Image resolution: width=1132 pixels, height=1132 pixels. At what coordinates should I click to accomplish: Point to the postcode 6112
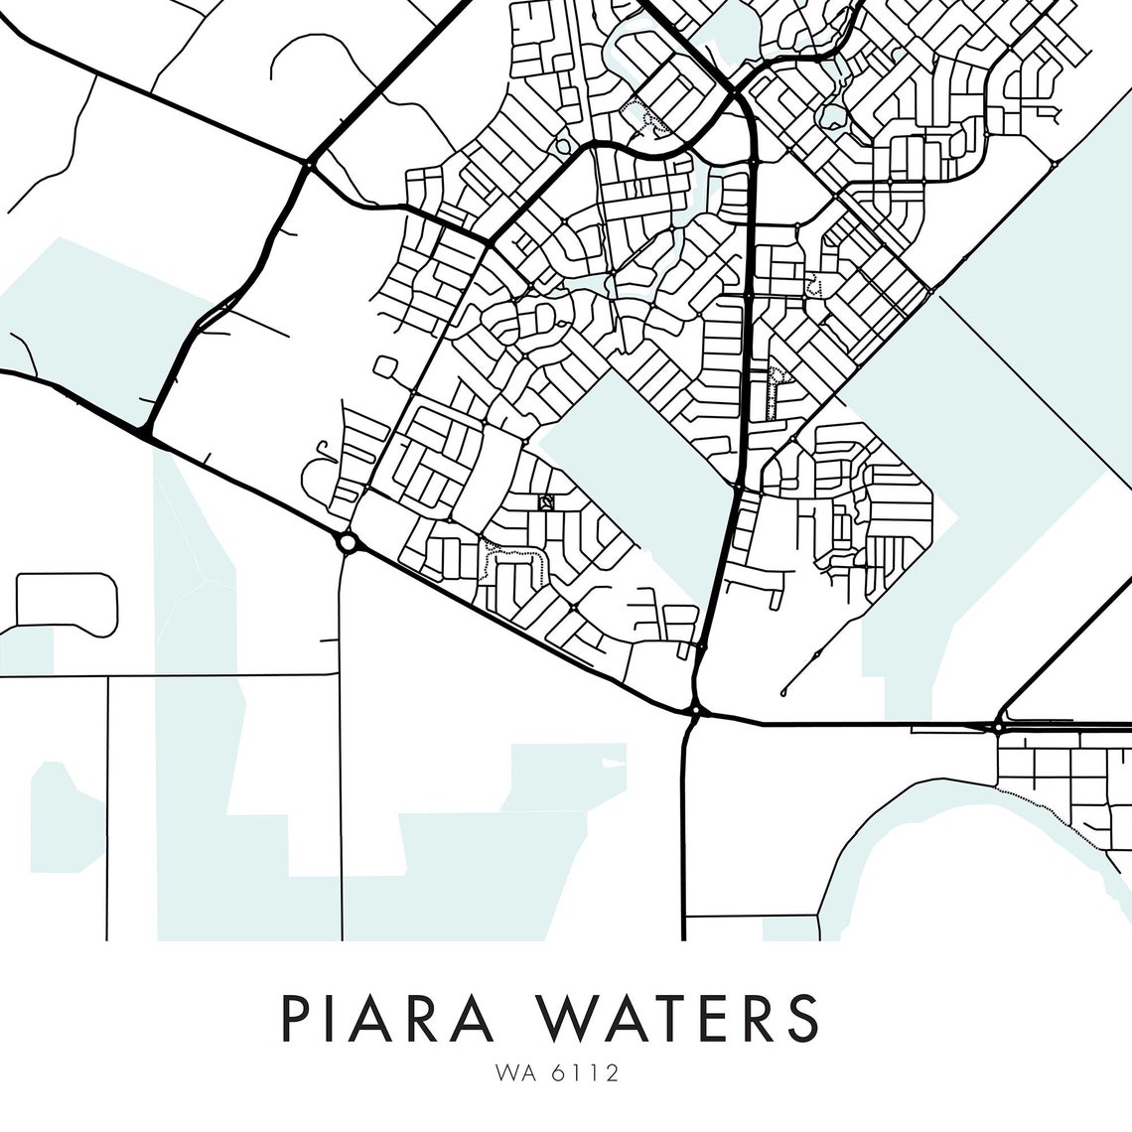(592, 1073)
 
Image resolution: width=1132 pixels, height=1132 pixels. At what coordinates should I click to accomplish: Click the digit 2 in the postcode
(616, 1073)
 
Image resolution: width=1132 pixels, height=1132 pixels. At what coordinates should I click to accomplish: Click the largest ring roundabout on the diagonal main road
(347, 542)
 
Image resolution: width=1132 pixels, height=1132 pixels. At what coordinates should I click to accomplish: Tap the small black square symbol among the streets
(544, 503)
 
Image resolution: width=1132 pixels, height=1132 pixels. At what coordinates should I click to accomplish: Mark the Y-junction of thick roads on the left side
(146, 433)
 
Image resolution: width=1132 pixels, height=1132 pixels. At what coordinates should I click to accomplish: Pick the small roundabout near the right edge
(996, 727)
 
